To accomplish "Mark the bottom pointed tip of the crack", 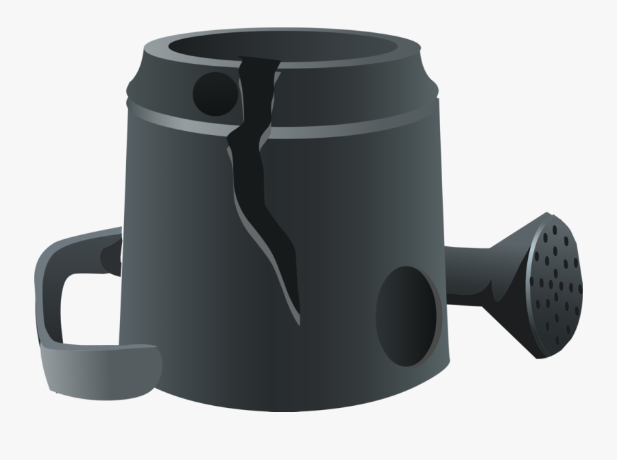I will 299,319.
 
